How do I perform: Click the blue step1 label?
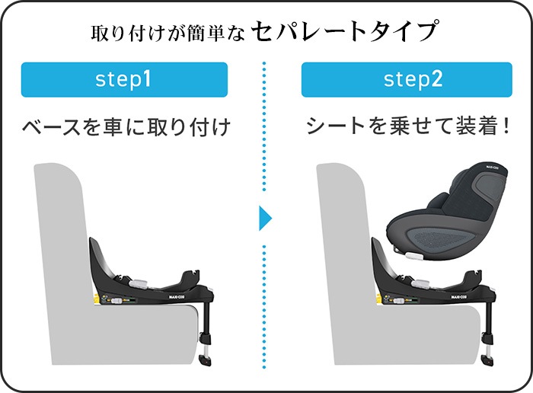coord(123,80)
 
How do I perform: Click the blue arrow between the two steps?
coord(265,219)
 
